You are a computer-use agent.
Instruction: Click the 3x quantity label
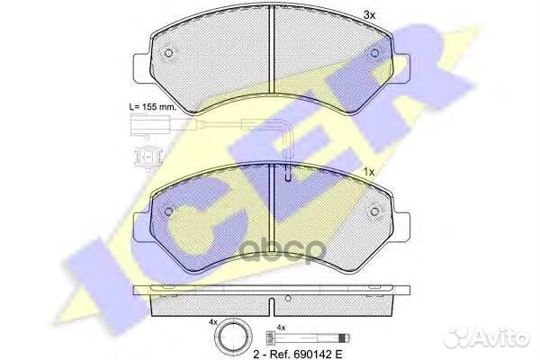(x=369, y=15)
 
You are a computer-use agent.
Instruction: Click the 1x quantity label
(x=369, y=172)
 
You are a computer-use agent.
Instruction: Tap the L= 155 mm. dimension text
(x=153, y=107)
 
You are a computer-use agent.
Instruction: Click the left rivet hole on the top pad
(x=169, y=53)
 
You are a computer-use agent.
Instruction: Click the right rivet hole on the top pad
(x=374, y=53)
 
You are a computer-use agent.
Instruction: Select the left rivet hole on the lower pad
(x=169, y=211)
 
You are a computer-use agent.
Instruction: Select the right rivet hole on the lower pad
(x=374, y=211)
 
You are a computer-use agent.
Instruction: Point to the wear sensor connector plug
(x=149, y=125)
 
